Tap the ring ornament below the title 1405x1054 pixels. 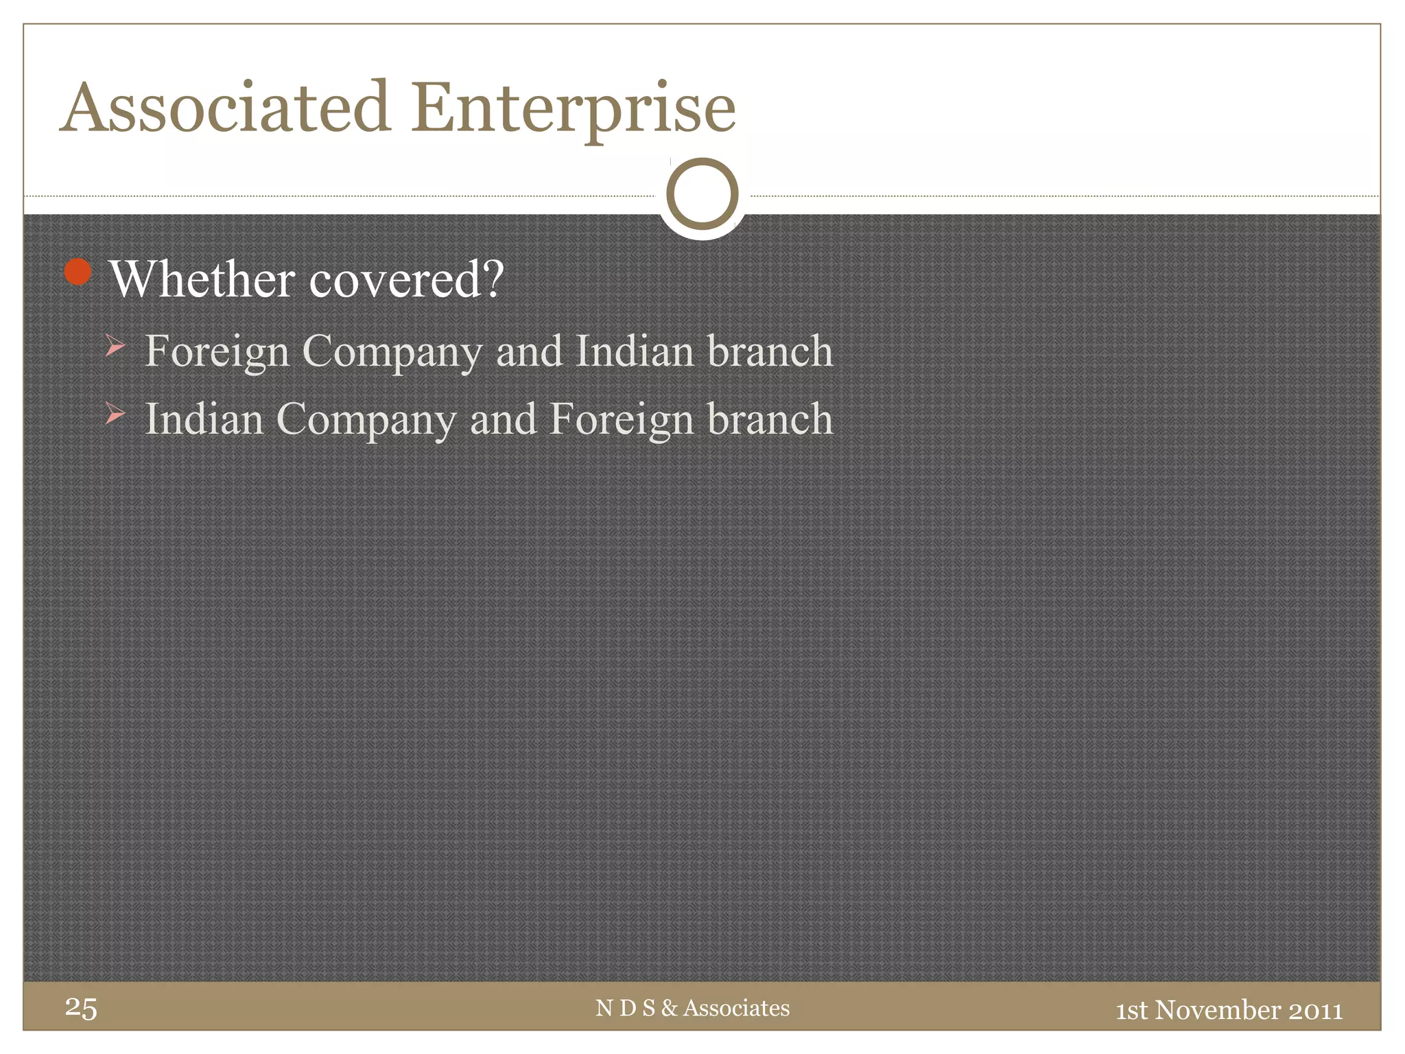point(702,194)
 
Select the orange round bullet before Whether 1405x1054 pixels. point(78,272)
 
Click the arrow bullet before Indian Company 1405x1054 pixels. point(115,414)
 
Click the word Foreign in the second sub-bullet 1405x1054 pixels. point(622,419)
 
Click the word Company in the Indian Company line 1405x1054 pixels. point(366,421)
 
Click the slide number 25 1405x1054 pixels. point(81,1008)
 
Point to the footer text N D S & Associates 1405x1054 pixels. point(692,1008)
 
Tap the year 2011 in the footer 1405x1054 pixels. point(1315,1010)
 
